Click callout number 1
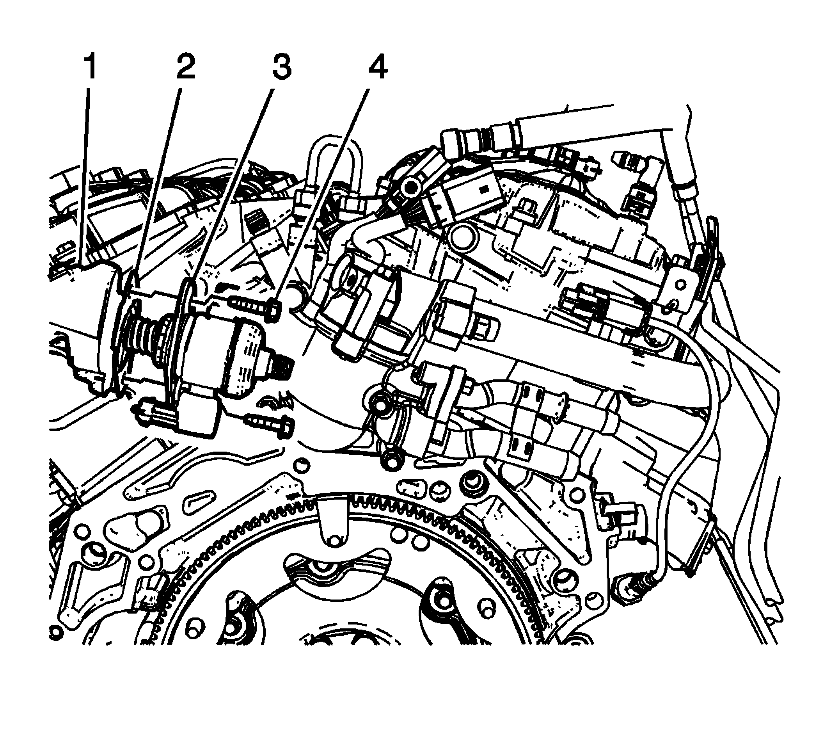pyautogui.click(x=90, y=68)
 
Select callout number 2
pyautogui.click(x=186, y=68)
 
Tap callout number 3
pyautogui.click(x=282, y=68)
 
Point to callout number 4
pyautogui.click(x=377, y=68)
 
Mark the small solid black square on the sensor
pyautogui.click(x=483, y=190)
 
